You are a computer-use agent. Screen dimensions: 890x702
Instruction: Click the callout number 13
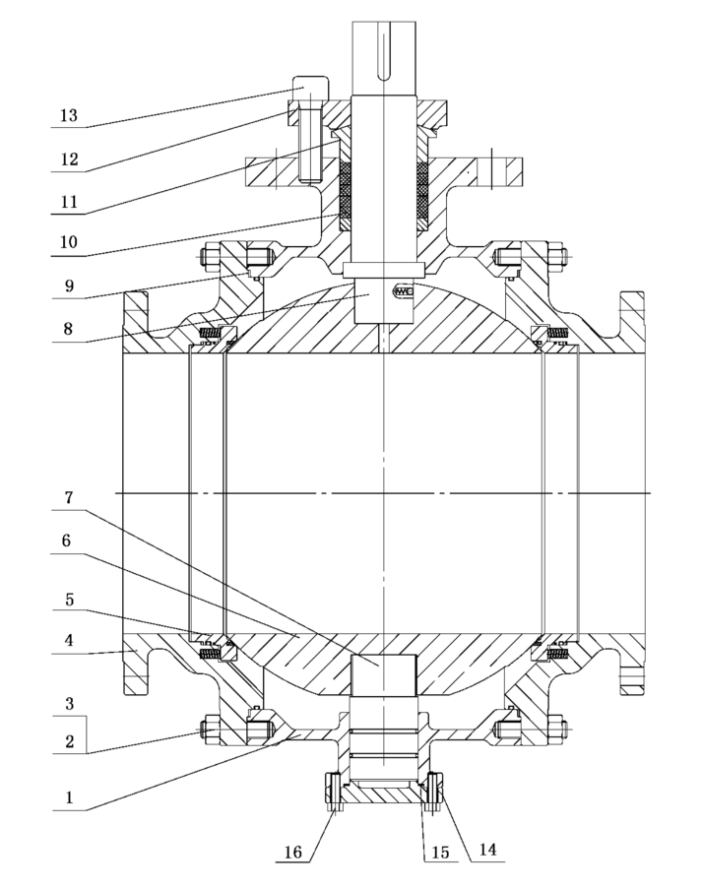(67, 115)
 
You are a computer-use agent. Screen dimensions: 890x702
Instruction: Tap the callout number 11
(67, 201)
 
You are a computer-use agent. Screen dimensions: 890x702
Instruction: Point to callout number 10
(67, 242)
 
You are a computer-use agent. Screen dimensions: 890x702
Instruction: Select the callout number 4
(68, 641)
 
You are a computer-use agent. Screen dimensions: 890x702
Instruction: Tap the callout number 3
(68, 706)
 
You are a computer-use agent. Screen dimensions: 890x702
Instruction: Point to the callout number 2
(68, 741)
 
